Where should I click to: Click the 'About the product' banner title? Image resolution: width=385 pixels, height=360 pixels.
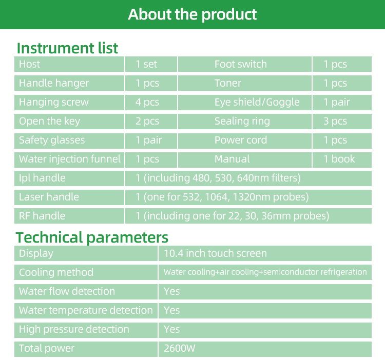[192, 14]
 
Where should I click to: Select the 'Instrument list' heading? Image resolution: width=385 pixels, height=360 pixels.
[67, 48]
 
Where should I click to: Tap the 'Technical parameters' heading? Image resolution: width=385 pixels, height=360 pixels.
[92, 237]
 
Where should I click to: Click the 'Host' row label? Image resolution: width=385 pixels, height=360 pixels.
[29, 64]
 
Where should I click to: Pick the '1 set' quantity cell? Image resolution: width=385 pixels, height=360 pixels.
[146, 64]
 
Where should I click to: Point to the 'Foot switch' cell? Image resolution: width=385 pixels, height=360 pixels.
[240, 64]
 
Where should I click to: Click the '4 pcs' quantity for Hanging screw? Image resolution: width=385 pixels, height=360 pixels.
[147, 102]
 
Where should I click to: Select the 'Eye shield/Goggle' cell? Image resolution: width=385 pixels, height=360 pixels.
[257, 102]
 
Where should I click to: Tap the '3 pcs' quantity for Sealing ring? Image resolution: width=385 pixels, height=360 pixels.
[335, 121]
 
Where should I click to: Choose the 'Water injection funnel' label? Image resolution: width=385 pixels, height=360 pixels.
[70, 159]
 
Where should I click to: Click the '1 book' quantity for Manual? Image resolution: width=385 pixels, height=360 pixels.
[339, 159]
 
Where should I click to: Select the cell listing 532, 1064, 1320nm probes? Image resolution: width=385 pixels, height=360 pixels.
[222, 197]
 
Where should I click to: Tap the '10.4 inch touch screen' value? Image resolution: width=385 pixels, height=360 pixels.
[215, 253]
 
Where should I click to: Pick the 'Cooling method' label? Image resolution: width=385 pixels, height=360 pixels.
[56, 272]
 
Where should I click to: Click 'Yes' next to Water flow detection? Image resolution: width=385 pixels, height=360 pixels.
[172, 291]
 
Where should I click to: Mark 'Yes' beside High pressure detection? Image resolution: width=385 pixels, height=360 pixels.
[172, 329]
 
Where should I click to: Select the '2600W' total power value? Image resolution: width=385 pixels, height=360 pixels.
[180, 348]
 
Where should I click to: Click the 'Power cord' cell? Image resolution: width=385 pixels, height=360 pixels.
[240, 140]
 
